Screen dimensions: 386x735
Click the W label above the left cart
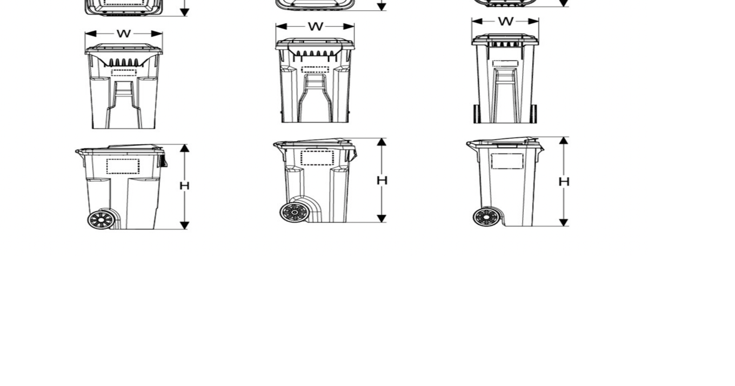click(124, 34)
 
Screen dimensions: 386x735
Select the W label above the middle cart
click(315, 26)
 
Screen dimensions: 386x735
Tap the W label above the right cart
click(505, 21)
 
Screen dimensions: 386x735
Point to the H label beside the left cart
click(184, 186)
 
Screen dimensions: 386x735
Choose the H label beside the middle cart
click(382, 180)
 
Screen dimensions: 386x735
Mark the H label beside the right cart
click(564, 181)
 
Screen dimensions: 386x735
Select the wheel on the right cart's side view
click(485, 217)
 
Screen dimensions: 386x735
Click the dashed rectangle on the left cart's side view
click(123, 166)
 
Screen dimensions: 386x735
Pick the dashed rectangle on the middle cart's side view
click(317, 158)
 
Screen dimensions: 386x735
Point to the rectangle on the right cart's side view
click(507, 161)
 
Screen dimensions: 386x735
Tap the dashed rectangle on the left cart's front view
click(124, 72)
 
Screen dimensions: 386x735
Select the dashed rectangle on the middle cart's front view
click(315, 70)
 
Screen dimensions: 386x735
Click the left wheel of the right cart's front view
click(477, 114)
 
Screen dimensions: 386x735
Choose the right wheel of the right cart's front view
click(533, 114)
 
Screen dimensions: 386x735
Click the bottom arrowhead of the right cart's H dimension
click(564, 222)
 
